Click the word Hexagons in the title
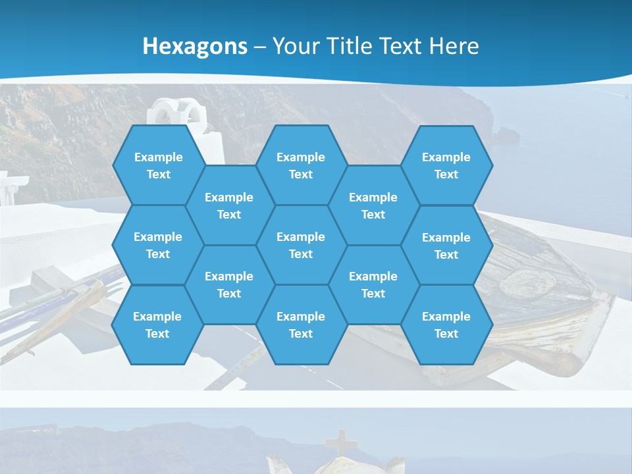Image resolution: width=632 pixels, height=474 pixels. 195,46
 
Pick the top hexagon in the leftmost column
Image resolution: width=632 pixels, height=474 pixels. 158,165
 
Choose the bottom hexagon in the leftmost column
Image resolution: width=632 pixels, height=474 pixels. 157,325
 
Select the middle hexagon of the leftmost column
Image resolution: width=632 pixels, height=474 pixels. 158,245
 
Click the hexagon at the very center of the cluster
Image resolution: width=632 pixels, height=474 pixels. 301,245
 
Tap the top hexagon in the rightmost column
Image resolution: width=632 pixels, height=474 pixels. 446,165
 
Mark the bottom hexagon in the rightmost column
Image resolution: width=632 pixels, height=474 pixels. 446,325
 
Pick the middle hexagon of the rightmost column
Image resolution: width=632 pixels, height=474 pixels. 446,246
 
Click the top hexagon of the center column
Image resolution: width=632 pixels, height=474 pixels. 301,165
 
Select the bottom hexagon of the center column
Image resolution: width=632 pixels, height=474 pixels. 301,325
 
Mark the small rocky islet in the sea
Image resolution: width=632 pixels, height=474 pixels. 508,136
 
